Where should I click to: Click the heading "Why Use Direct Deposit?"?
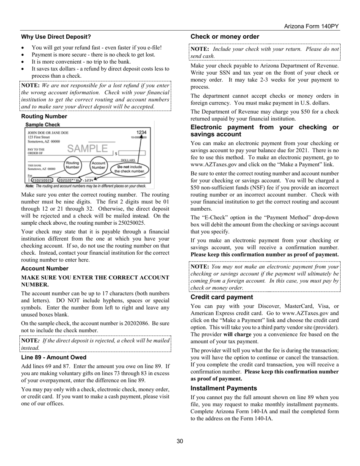56,37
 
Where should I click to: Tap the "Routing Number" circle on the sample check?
72,165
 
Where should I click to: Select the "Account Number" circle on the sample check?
99,165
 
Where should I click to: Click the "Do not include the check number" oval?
130,169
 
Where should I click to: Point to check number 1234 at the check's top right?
141,133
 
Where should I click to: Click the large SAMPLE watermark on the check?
87,149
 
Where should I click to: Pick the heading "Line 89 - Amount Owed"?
54,357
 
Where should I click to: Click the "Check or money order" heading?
225,37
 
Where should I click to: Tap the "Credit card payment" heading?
222,297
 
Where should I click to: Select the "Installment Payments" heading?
224,388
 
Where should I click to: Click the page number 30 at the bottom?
180,441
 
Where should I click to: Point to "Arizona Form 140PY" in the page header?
311,26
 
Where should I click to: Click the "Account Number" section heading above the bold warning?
45,268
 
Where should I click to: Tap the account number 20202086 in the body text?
127,323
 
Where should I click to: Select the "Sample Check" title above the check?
42,124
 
